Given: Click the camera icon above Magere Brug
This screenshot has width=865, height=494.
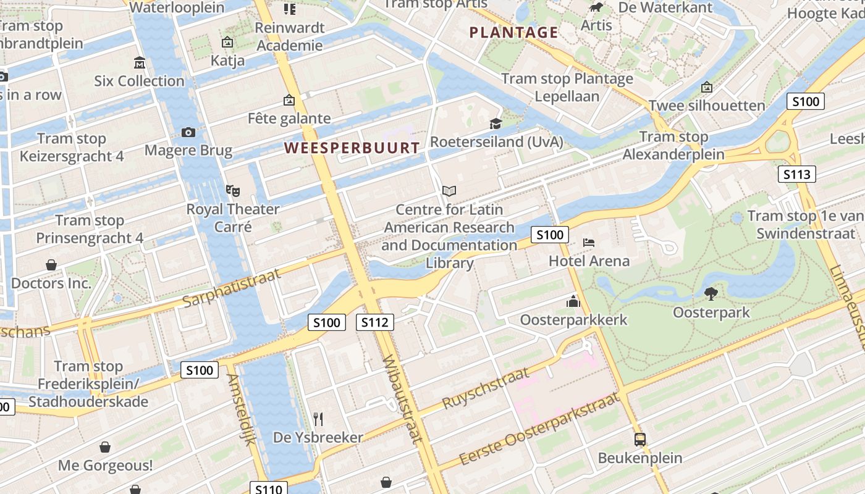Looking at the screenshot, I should (x=188, y=132).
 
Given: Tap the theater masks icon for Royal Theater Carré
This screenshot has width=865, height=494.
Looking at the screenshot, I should (x=233, y=191).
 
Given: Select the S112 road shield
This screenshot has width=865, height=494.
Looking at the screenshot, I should (x=375, y=322).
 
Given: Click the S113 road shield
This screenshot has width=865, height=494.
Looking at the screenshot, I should (x=796, y=174).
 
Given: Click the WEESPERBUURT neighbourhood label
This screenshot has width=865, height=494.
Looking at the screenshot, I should (x=352, y=148).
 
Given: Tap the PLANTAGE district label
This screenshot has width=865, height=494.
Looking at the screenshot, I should (x=513, y=33).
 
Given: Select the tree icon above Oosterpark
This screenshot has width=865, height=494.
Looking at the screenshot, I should (x=711, y=293).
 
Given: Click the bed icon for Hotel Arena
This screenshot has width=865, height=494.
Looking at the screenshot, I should (x=589, y=242).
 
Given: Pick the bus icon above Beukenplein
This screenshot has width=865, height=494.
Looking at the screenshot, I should (x=640, y=440).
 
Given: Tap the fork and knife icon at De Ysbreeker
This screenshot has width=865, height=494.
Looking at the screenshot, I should (x=318, y=419).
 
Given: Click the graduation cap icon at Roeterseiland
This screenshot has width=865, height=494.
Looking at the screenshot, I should (x=496, y=124).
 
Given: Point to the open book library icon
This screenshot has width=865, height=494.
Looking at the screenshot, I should (x=449, y=191).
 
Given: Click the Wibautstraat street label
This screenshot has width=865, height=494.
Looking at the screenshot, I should (x=402, y=399).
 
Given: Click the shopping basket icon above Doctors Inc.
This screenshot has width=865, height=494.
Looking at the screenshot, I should (x=51, y=265).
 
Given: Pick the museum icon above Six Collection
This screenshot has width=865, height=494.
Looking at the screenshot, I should (x=139, y=62).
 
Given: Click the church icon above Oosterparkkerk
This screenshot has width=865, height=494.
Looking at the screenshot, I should (x=573, y=301).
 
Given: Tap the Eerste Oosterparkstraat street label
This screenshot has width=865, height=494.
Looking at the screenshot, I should (x=540, y=430).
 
